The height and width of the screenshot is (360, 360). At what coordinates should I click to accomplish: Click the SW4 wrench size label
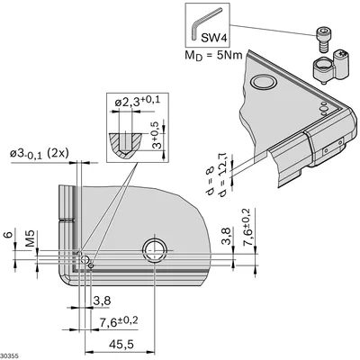[x=213, y=38]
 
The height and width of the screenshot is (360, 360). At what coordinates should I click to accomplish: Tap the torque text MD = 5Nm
[x=213, y=56]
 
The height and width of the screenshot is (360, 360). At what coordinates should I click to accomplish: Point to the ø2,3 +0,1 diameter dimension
[x=138, y=102]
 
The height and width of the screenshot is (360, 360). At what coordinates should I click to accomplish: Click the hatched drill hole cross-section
[x=125, y=144]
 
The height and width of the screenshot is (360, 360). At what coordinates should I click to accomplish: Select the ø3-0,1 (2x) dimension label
[x=40, y=154]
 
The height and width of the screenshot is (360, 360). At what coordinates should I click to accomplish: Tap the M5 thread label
[x=30, y=238]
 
